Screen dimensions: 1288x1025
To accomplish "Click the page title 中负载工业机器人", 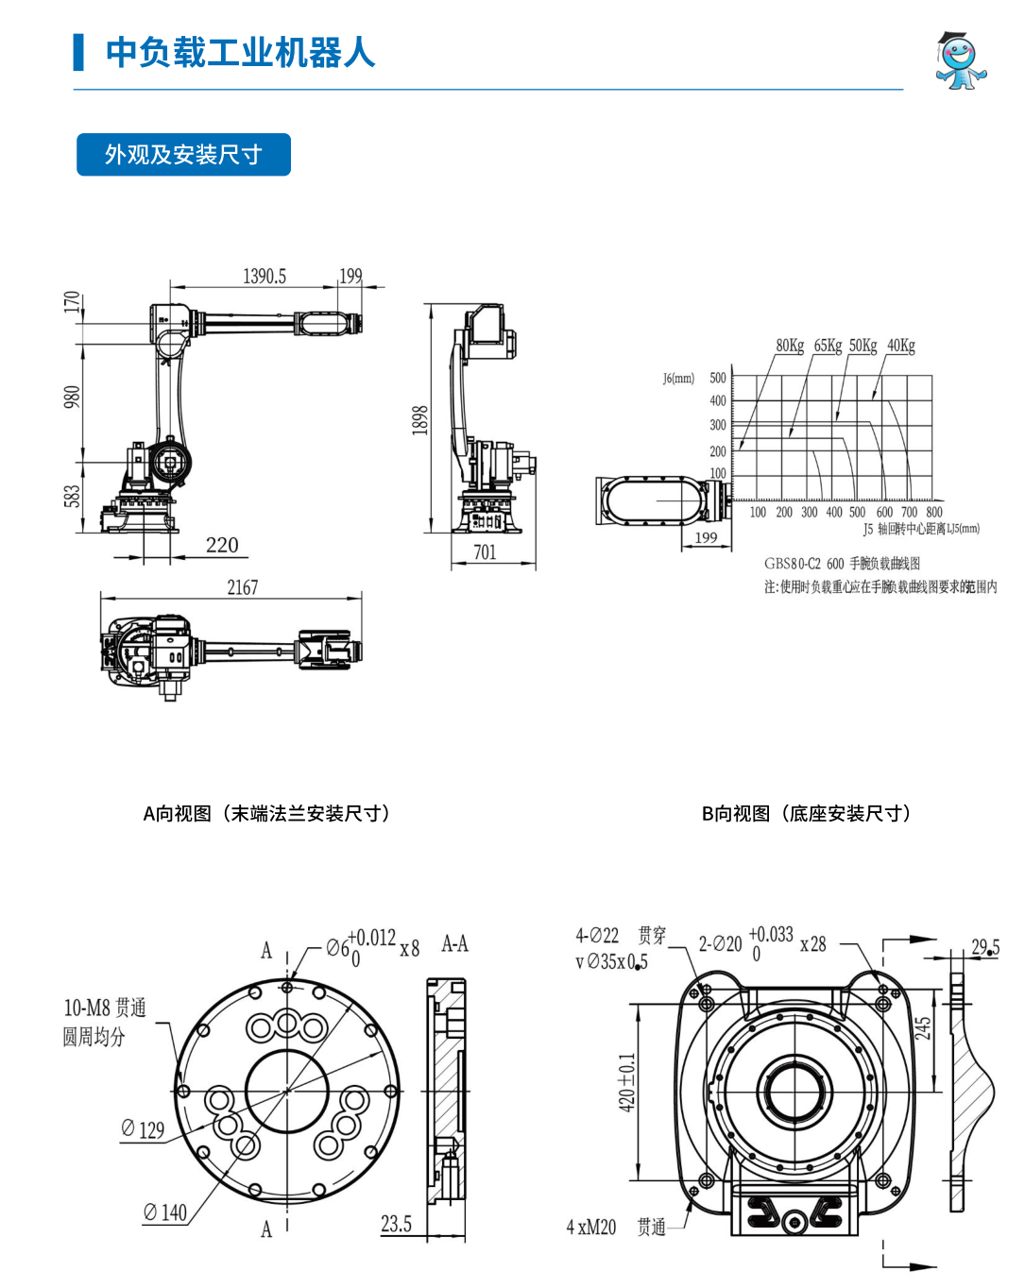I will pos(240,53).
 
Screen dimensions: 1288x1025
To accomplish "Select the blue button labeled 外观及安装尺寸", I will pos(183,155).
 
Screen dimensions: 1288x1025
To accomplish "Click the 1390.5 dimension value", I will pos(265,277).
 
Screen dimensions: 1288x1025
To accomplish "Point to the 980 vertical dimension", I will pos(73,397).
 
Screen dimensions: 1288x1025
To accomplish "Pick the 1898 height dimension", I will pos(420,420).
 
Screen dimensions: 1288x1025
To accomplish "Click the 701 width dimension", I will pos(485,552).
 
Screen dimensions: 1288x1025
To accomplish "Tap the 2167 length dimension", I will pos(243,587).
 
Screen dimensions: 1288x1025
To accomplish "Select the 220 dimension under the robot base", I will pos(222,545).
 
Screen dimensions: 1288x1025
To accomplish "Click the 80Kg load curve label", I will pos(790,346).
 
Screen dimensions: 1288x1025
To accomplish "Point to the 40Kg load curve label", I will pos(901,346).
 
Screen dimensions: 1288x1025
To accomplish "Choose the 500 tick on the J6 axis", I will pos(718,378).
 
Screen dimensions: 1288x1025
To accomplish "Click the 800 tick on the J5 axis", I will pos(934,513).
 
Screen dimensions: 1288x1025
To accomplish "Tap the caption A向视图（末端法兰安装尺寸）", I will pos(266,814).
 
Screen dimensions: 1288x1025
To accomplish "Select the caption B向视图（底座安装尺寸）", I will pos(807,814).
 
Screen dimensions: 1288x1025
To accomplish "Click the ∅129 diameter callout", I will pos(143,1129).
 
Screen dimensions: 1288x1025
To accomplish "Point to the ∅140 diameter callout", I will pos(165,1212).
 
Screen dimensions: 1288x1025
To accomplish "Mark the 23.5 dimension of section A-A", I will pos(397,1225).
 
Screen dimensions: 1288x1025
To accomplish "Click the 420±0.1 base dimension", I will pos(626,1082).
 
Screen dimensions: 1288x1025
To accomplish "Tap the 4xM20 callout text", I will pos(591,1228).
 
